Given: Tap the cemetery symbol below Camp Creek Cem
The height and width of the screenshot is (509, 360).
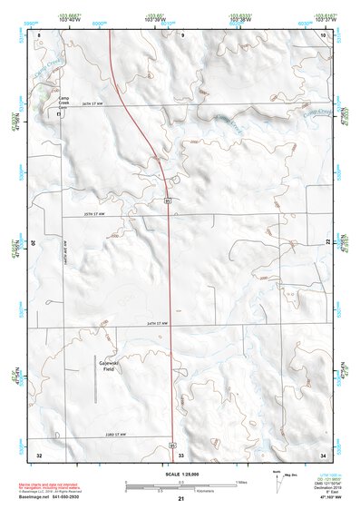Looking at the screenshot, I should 60,117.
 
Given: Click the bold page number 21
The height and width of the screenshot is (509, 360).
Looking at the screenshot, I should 181,498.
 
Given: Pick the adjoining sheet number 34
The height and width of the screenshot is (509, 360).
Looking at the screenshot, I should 324,454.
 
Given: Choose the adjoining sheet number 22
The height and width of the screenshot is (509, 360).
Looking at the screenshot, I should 327,242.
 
